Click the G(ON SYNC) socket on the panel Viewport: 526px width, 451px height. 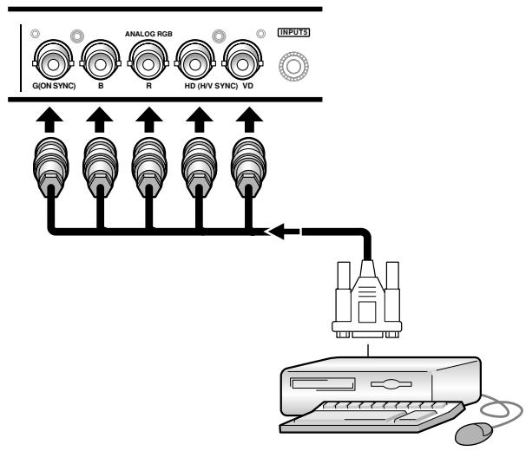point(53,61)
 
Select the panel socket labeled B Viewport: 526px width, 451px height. point(101,61)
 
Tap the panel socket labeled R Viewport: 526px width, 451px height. point(148,61)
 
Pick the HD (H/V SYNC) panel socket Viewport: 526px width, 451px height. point(195,61)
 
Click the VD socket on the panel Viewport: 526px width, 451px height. point(242,61)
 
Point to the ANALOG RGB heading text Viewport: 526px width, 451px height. point(148,34)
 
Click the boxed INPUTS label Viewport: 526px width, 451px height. point(294,33)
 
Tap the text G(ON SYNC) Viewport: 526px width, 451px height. point(54,86)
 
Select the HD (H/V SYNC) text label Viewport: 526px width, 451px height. point(211,86)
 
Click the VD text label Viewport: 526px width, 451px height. point(247,86)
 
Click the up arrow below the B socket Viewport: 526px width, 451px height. point(99,120)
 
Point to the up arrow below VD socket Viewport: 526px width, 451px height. point(249,120)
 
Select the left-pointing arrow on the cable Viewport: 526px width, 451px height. point(282,232)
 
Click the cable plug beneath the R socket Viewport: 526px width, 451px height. point(149,167)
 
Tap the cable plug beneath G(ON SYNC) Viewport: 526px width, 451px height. point(51,167)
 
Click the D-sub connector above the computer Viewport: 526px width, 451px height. point(367,299)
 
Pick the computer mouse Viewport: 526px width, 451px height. point(474,434)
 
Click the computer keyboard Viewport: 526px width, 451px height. point(372,417)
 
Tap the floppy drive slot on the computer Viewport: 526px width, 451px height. point(323,383)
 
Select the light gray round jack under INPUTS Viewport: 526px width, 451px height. point(294,66)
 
